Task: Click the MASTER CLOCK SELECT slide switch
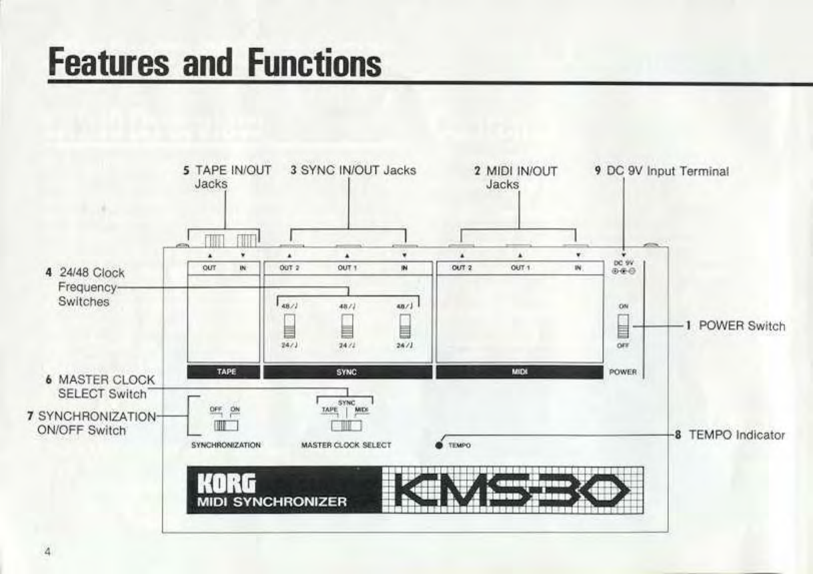345,425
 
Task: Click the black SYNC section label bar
347,372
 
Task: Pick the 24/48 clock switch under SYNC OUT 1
346,327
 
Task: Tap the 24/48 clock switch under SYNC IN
405,327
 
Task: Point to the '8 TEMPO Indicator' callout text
730,435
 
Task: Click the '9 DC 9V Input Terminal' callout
661,171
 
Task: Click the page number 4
48,552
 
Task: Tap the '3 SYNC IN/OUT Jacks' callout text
353,170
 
